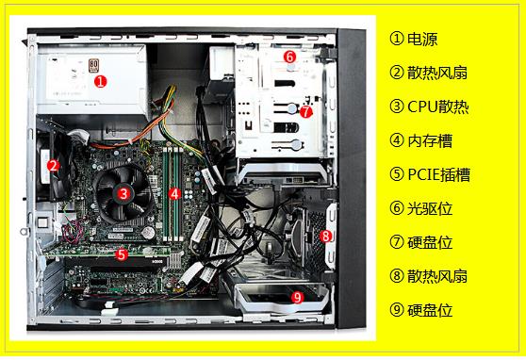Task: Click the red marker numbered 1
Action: coord(100,82)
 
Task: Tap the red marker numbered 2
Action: coord(53,166)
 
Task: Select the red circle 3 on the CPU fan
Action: coord(123,193)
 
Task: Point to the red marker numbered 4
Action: coord(174,193)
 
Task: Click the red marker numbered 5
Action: coord(122,254)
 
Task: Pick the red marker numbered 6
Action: coord(289,57)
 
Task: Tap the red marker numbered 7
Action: coord(305,112)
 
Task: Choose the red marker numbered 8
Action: coord(325,236)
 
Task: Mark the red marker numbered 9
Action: coord(297,297)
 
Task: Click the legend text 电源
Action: coord(422,39)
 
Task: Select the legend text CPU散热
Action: coord(437,107)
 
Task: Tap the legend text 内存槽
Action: coord(430,141)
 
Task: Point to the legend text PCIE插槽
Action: coord(438,174)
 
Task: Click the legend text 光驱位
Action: coord(430,208)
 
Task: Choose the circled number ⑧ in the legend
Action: coord(397,276)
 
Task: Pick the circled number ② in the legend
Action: coord(397,73)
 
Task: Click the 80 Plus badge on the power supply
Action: coord(93,65)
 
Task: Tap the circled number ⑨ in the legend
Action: coord(397,310)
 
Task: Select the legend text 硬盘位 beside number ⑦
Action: coord(430,242)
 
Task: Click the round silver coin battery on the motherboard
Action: coord(148,232)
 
